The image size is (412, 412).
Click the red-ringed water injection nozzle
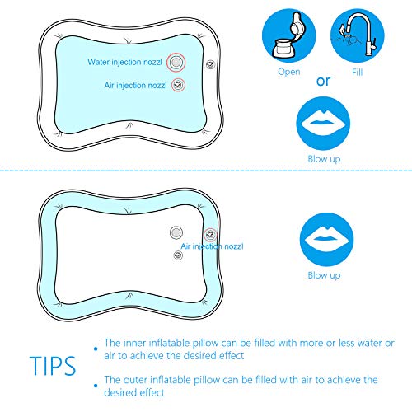click(x=176, y=63)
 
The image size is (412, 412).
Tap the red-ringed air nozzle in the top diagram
click(x=178, y=84)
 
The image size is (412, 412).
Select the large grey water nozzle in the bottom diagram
click(x=176, y=233)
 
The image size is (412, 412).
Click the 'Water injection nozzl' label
click(x=124, y=63)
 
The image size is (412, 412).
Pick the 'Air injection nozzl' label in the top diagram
click(x=135, y=84)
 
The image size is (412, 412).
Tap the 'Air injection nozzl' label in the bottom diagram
click(x=215, y=246)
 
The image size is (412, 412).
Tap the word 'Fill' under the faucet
click(x=358, y=72)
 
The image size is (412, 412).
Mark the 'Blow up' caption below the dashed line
click(x=324, y=276)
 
